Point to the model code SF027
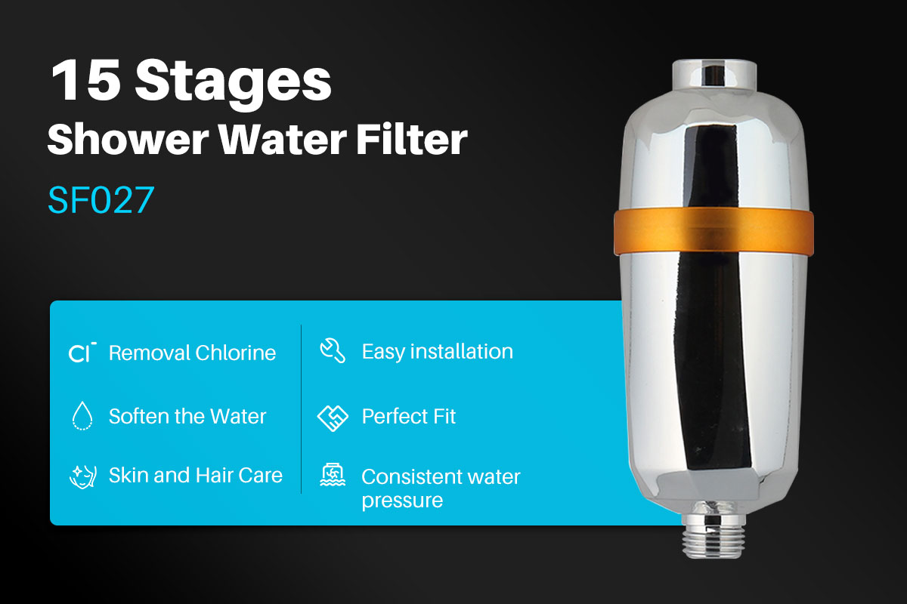(x=101, y=199)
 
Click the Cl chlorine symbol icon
(x=82, y=353)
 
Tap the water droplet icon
(x=82, y=416)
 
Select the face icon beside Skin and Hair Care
(x=82, y=476)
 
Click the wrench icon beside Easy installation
(x=333, y=351)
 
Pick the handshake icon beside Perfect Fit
(x=333, y=417)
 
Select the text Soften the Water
(x=187, y=416)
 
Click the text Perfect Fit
(x=409, y=416)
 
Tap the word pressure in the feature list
(x=402, y=501)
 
